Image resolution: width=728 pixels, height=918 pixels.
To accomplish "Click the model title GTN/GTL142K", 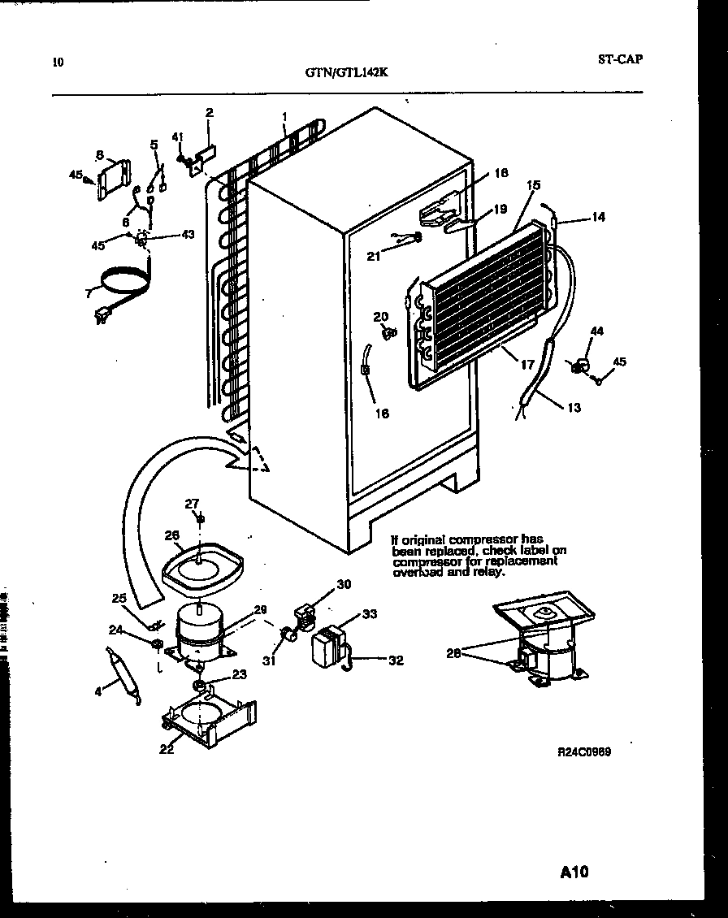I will (x=347, y=71).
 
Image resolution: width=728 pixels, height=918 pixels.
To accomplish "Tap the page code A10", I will (x=574, y=873).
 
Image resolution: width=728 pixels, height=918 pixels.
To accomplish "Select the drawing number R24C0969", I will (x=583, y=751).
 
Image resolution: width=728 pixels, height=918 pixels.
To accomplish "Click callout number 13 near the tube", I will (x=574, y=408).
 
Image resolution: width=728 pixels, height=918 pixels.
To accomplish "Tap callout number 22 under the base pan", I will (x=167, y=749).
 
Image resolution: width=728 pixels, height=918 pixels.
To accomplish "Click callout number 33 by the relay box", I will (x=370, y=614).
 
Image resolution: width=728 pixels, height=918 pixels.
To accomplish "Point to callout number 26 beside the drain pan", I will (x=171, y=535).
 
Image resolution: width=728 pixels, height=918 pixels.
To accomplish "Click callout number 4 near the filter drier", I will (x=98, y=691).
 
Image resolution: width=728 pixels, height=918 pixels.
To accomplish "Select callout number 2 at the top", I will (x=209, y=113).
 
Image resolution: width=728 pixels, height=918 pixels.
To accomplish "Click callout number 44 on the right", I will (x=596, y=331).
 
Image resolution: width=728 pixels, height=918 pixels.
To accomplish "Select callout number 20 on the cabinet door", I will (x=380, y=316).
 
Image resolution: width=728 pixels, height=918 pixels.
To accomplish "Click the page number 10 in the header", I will (x=57, y=61).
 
